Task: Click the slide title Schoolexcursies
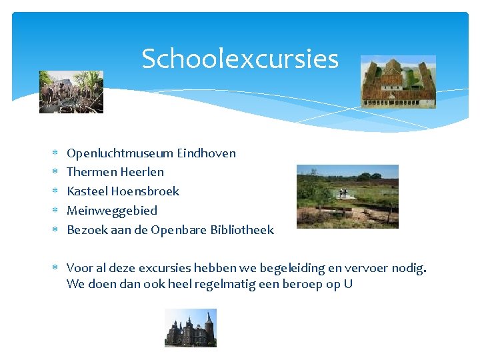(240, 59)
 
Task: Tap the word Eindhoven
(206, 153)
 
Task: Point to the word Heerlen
(142, 172)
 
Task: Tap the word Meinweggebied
(112, 211)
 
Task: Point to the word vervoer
(367, 268)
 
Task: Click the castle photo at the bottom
(191, 327)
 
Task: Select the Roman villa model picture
(398, 82)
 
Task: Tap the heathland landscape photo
(347, 196)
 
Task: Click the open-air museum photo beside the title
(71, 92)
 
